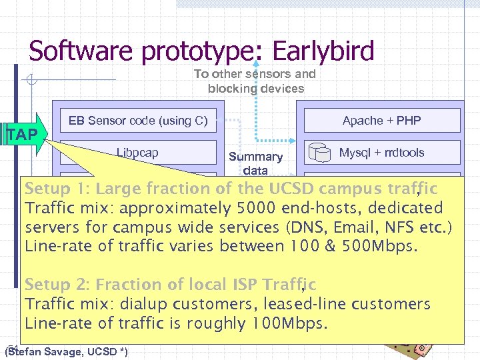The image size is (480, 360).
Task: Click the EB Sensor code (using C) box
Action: click(x=138, y=121)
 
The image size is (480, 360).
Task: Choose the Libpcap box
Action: click(x=137, y=153)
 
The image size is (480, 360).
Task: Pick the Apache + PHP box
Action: click(x=381, y=121)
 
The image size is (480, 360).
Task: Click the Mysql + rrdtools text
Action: click(x=381, y=153)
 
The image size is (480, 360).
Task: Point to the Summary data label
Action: click(x=255, y=163)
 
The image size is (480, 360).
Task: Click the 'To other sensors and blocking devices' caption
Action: click(x=255, y=81)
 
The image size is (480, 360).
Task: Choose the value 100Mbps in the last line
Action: click(x=289, y=323)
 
